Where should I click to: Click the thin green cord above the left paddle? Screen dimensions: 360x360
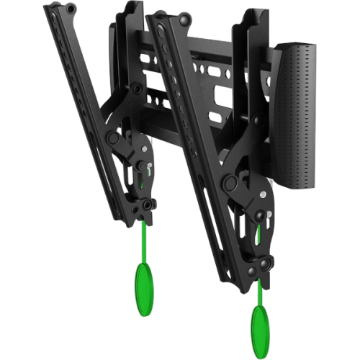click(x=144, y=238)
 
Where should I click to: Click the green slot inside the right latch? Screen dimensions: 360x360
click(x=259, y=233)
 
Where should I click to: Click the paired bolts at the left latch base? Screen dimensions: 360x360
click(x=148, y=206)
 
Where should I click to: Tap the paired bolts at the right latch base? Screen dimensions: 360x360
click(x=264, y=265)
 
